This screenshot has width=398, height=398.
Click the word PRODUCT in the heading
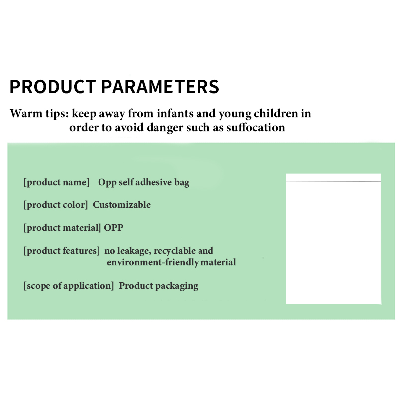click(53, 86)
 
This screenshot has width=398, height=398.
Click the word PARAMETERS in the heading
click(160, 86)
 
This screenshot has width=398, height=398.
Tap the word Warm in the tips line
click(26, 113)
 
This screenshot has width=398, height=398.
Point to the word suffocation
click(256, 127)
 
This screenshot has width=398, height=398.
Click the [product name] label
click(56, 182)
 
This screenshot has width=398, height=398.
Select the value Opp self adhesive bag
click(144, 182)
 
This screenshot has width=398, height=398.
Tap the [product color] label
click(56, 205)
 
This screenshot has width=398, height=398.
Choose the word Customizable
click(121, 205)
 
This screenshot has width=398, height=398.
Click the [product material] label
click(63, 228)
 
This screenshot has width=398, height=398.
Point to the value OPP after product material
click(114, 228)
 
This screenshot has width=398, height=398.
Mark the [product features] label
click(62, 251)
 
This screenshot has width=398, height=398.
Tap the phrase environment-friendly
click(153, 262)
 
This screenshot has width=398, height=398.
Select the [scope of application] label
click(69, 286)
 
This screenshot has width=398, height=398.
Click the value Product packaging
click(159, 286)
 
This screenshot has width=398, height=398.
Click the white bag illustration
click(333, 239)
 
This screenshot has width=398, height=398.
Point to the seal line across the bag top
click(333, 181)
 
